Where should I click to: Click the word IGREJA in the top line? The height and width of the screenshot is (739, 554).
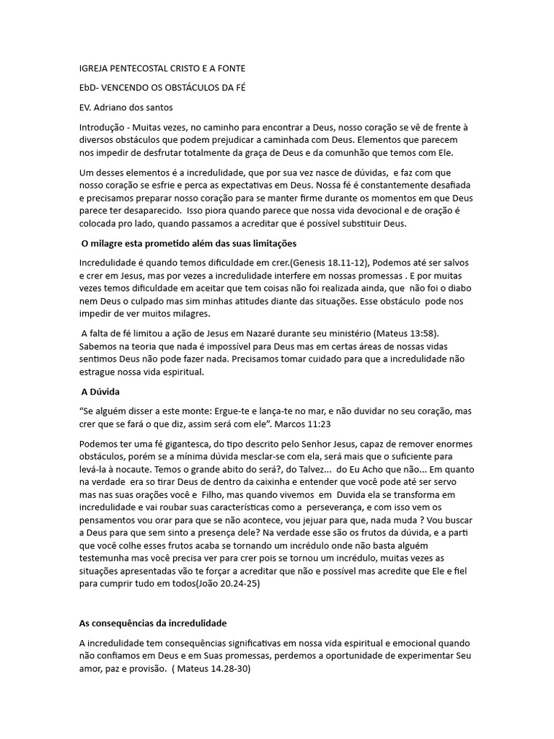(x=94, y=69)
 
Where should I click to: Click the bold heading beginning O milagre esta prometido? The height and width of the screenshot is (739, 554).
(x=189, y=243)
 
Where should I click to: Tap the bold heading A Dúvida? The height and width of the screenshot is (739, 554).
(x=100, y=391)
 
